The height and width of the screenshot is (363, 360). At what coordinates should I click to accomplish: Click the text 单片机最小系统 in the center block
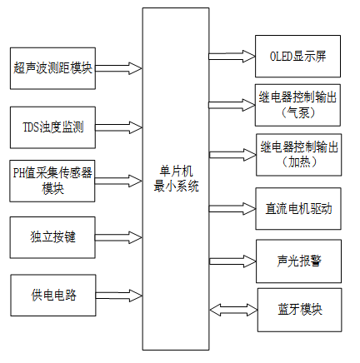175,181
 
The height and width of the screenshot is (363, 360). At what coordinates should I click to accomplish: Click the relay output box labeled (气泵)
298,103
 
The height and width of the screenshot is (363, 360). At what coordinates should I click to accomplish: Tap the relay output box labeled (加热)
298,153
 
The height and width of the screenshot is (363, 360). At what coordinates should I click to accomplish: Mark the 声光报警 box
298,259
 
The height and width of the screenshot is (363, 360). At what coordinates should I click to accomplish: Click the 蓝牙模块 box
298,309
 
